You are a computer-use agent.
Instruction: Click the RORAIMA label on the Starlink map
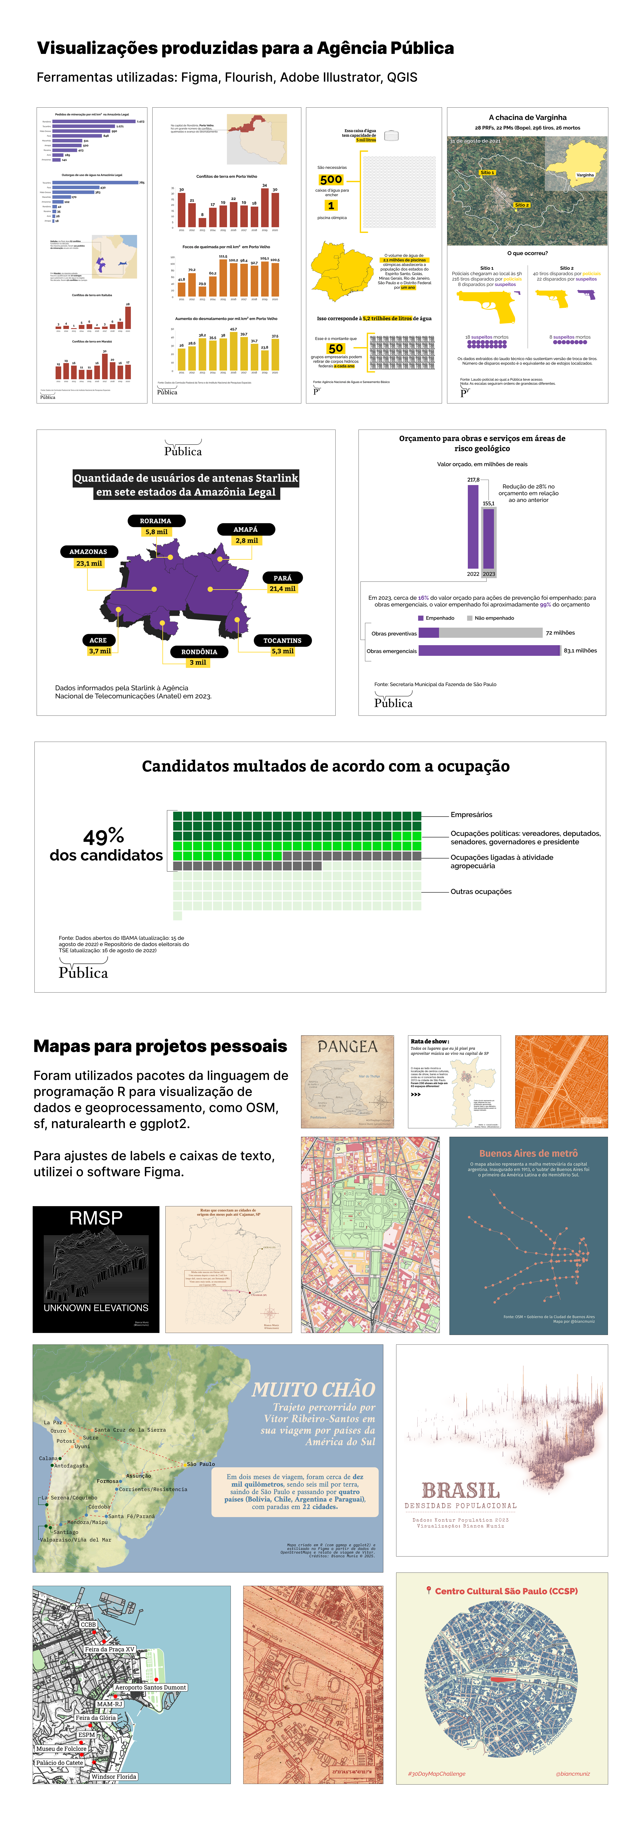(x=155, y=521)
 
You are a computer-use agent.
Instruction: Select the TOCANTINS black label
(x=282, y=640)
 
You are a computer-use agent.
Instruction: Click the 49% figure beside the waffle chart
(x=104, y=837)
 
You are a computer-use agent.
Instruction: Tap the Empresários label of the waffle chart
(x=471, y=815)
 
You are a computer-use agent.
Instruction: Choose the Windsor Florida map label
(x=114, y=1776)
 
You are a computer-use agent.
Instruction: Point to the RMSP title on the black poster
(x=96, y=1218)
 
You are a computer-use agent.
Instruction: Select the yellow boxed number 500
(x=331, y=180)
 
